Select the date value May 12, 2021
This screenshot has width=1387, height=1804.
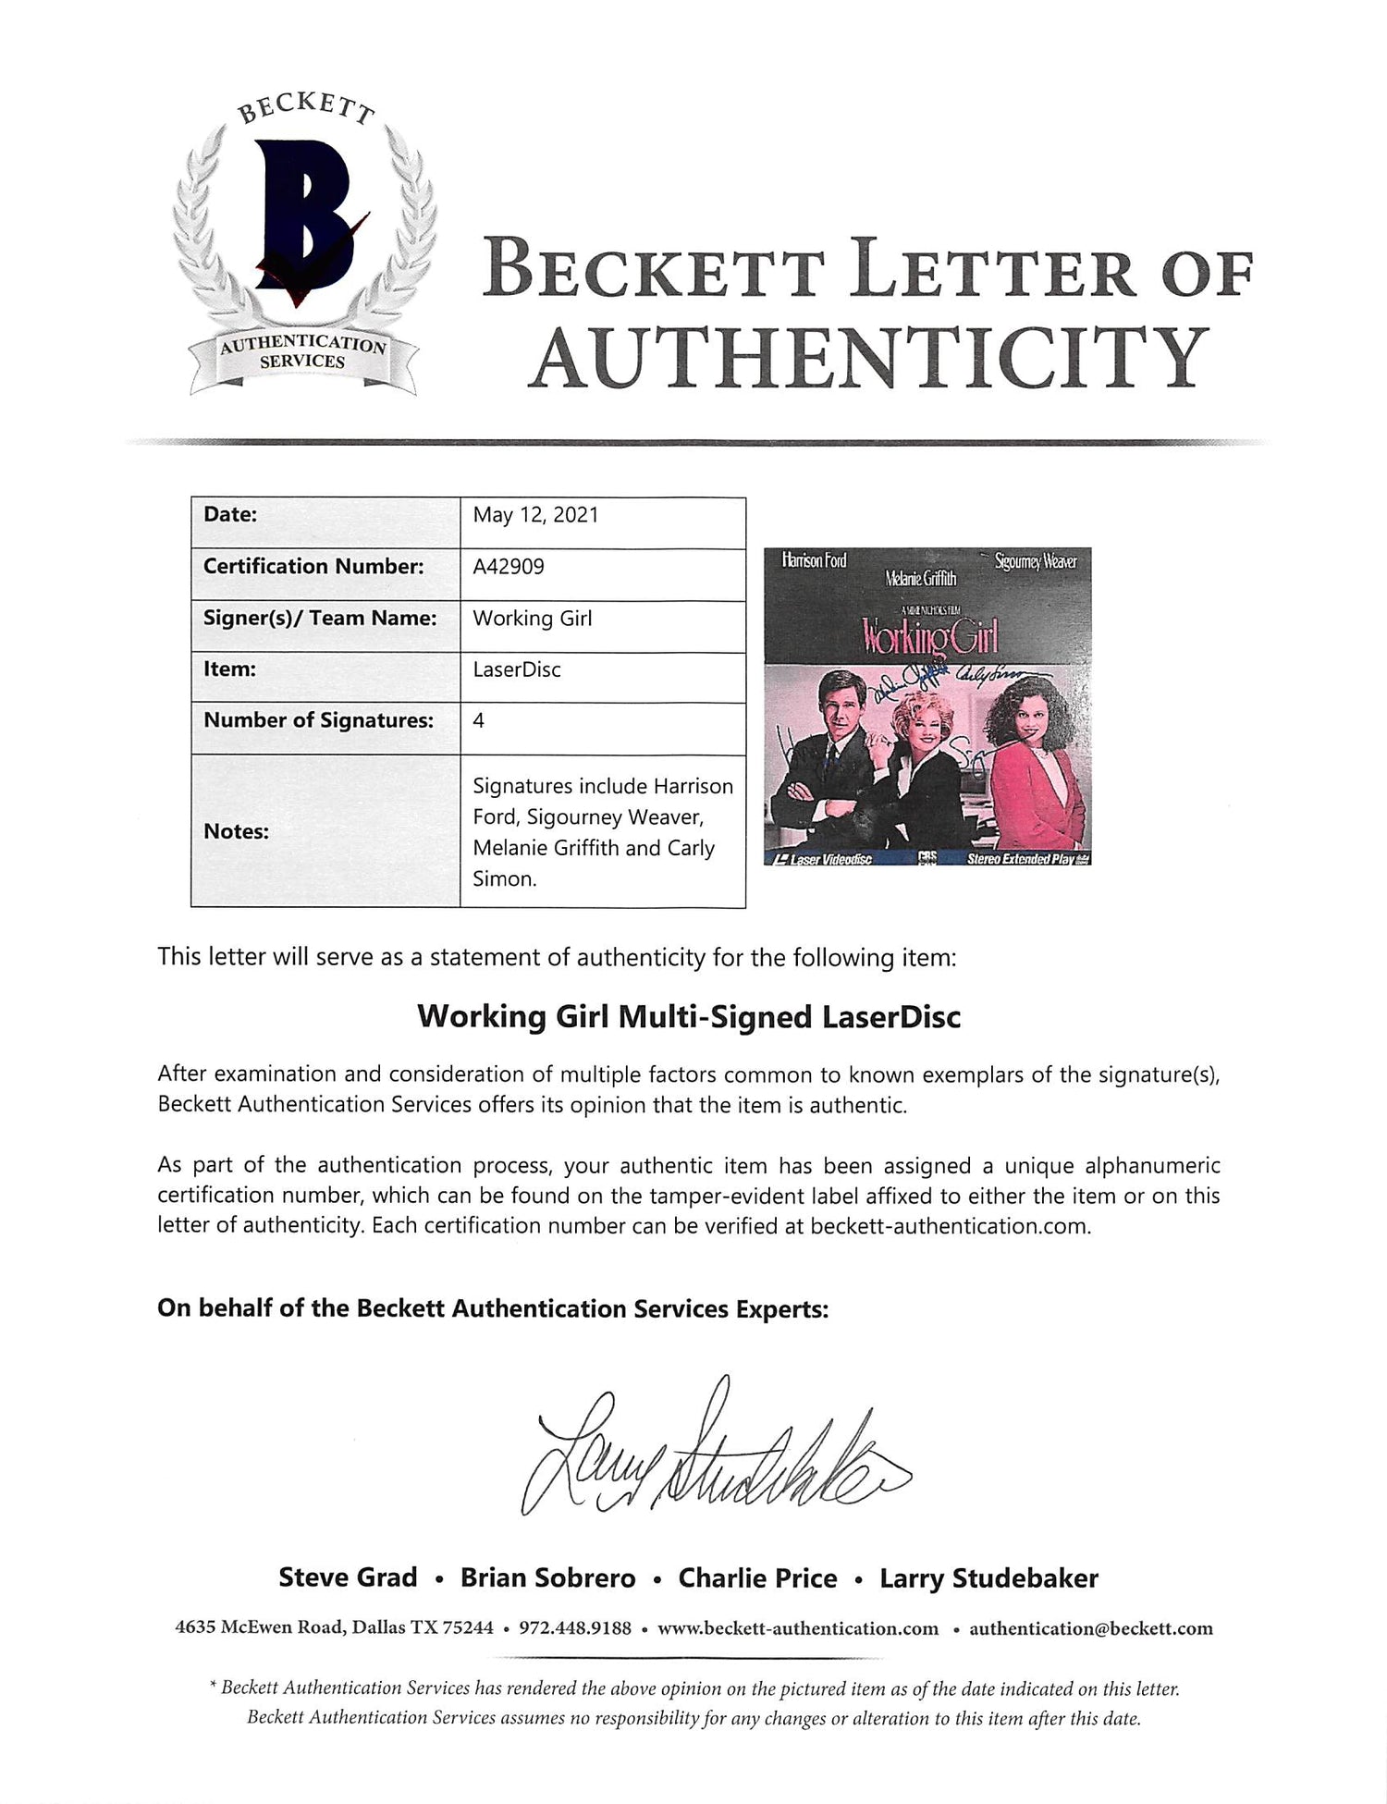[x=535, y=515]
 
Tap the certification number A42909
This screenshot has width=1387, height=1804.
[x=508, y=566]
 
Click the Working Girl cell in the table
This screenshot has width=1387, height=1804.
[x=532, y=618]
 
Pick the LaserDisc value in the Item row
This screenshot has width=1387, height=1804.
[x=517, y=669]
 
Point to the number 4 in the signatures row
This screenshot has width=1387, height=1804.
[x=478, y=719]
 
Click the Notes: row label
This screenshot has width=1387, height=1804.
[x=236, y=831]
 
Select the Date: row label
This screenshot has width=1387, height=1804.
[x=230, y=515]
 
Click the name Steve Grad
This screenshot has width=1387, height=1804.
[x=348, y=1578]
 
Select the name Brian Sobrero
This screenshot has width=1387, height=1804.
[x=547, y=1578]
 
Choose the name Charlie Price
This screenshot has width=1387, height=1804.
[x=757, y=1578]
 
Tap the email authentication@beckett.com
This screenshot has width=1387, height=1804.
[x=1090, y=1628]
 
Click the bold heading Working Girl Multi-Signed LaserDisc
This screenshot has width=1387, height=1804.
[x=689, y=1017]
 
